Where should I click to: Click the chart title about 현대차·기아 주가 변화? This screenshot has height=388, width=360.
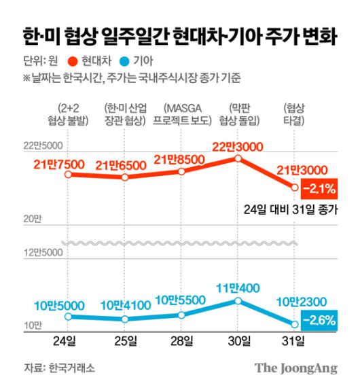pyautogui.click(x=179, y=36)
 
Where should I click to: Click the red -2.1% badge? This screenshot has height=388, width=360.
pyautogui.click(x=317, y=187)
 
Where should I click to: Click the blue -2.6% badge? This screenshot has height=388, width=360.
pyautogui.click(x=317, y=319)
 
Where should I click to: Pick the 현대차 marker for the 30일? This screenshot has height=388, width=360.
pyautogui.click(x=238, y=158)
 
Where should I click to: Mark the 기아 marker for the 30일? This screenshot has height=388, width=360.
pyautogui.click(x=238, y=300)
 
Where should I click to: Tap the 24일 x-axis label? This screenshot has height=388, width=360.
pyautogui.click(x=68, y=340)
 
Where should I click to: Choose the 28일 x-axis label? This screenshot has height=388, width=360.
pyautogui.click(x=181, y=340)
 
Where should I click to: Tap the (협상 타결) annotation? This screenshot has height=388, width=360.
pyautogui.click(x=295, y=114)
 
